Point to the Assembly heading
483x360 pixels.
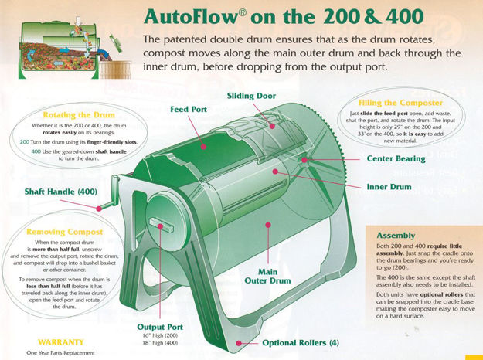tap(396, 235)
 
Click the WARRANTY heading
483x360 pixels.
tap(60, 340)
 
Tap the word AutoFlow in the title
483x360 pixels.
tap(202, 16)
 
